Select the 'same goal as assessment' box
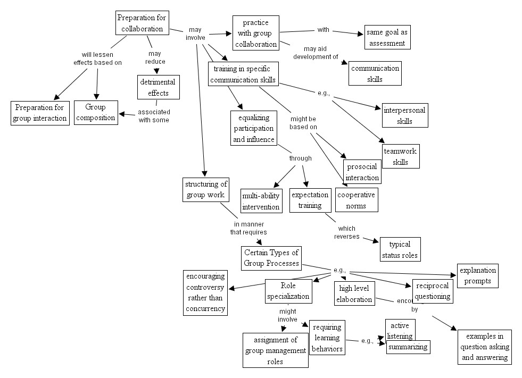tap(387, 37)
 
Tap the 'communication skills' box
tap(375, 73)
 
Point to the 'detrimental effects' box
tap(158, 87)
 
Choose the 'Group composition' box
tap(96, 112)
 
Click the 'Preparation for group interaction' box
tap(40, 113)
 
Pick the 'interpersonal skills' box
tap(405, 115)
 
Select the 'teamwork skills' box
tap(400, 156)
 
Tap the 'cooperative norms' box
tap(357, 200)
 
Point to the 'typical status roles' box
tap(400, 249)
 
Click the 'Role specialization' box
tap(287, 291)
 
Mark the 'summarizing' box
tap(408, 347)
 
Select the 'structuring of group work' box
tap(206, 189)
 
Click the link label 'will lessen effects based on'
tap(98, 58)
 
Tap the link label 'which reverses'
tap(346, 232)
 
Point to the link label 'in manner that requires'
tap(248, 228)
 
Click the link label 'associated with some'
tap(153, 116)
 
